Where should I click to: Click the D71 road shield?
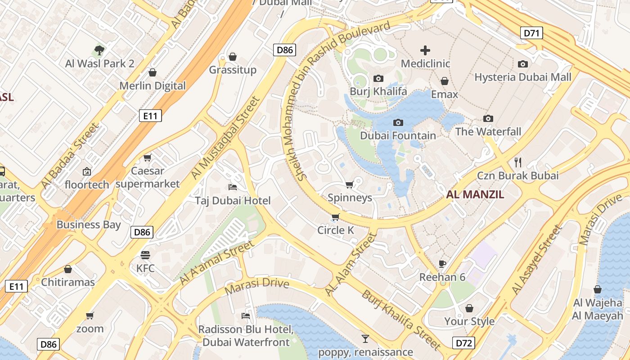pos(531,33)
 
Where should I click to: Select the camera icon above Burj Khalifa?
pos(378,79)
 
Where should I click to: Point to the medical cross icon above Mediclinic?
pos(425,50)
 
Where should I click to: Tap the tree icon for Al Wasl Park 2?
pos(99,50)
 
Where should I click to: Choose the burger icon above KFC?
pos(145,255)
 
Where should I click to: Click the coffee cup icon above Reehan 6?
pos(442,264)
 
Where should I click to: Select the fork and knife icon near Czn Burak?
pos(517,162)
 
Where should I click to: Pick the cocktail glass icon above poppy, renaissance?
pos(365,338)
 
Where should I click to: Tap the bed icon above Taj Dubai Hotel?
pos(233,187)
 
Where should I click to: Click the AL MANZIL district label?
pos(475,195)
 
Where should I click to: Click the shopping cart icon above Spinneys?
pos(349,184)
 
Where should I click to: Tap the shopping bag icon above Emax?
pos(444,81)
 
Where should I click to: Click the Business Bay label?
pos(89,225)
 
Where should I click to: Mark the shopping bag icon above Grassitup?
pos(233,57)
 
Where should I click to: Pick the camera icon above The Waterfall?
pos(488,119)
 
